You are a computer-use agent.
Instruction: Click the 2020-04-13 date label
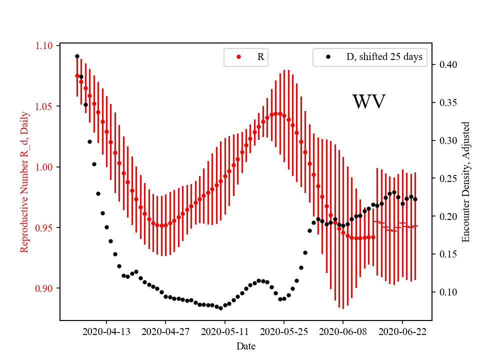[106, 331]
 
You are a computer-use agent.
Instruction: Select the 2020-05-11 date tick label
[224, 331]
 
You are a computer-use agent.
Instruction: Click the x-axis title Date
[246, 345]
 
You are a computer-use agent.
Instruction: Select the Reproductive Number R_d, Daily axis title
[24, 182]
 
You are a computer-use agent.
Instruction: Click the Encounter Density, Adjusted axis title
[466, 182]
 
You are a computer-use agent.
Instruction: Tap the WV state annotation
[368, 102]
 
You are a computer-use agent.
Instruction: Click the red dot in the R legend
[238, 57]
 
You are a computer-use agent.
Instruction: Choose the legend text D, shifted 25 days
[384, 57]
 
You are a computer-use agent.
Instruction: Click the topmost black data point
[77, 56]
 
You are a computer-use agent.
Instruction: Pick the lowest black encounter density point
[220, 307]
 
